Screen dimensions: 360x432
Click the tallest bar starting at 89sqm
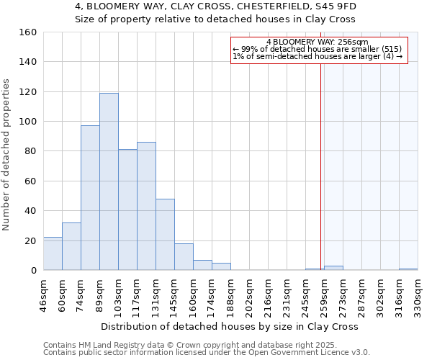(x=109, y=181)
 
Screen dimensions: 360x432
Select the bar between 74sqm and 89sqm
(x=90, y=198)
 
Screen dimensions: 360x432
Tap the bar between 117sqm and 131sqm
(x=146, y=206)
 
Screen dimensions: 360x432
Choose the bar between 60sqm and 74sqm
(x=71, y=246)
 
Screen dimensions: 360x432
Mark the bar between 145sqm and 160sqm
(x=184, y=257)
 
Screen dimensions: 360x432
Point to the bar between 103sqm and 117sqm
(x=127, y=210)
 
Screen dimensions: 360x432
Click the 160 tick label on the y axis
(x=28, y=32)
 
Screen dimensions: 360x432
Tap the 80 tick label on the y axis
(x=31, y=151)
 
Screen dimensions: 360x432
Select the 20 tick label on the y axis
(x=31, y=240)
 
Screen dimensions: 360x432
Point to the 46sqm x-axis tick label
(x=44, y=294)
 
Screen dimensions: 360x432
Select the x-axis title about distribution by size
(x=230, y=326)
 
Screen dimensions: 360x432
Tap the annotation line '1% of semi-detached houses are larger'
(x=318, y=56)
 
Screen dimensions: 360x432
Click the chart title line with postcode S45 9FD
(x=215, y=6)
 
